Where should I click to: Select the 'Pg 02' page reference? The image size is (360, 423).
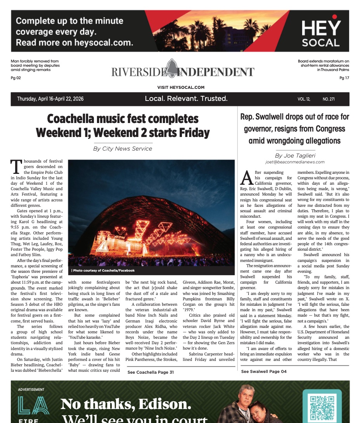pyautogui.click(x=16, y=78)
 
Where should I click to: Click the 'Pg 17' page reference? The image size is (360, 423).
pyautogui.click(x=344, y=78)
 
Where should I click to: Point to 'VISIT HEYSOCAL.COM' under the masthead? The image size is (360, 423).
pyautogui.click(x=181, y=88)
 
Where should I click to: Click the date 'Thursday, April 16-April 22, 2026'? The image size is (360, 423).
pyautogui.click(x=50, y=99)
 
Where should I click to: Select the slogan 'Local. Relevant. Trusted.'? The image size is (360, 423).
pyautogui.click(x=186, y=99)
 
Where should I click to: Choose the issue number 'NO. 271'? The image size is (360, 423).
pyautogui.click(x=329, y=99)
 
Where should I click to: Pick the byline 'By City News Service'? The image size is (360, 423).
pyautogui.click(x=123, y=149)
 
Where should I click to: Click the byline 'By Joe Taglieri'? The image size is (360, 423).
pyautogui.click(x=295, y=155)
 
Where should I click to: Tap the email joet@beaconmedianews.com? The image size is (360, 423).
pyautogui.click(x=295, y=162)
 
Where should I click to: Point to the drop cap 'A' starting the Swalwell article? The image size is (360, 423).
pyautogui.click(x=247, y=177)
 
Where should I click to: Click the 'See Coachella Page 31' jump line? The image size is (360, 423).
pyautogui.click(x=151, y=372)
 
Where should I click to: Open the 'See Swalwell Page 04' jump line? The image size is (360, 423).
pyautogui.click(x=264, y=371)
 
